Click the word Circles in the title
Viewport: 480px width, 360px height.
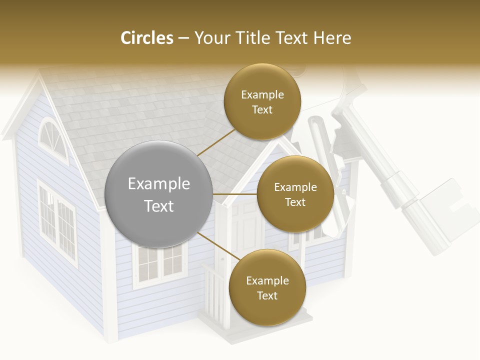click(146, 38)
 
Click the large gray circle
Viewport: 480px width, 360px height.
click(159, 165)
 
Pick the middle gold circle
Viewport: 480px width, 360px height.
click(295, 215)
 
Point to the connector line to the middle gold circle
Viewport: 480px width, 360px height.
click(235, 194)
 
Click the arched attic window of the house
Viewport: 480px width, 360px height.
click(52, 135)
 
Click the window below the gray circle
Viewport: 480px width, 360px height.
click(159, 267)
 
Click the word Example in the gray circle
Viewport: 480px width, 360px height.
click(159, 184)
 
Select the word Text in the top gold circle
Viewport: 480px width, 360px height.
click(262, 110)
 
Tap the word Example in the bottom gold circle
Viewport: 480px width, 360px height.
click(267, 281)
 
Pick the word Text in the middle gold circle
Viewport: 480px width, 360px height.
click(295, 202)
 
